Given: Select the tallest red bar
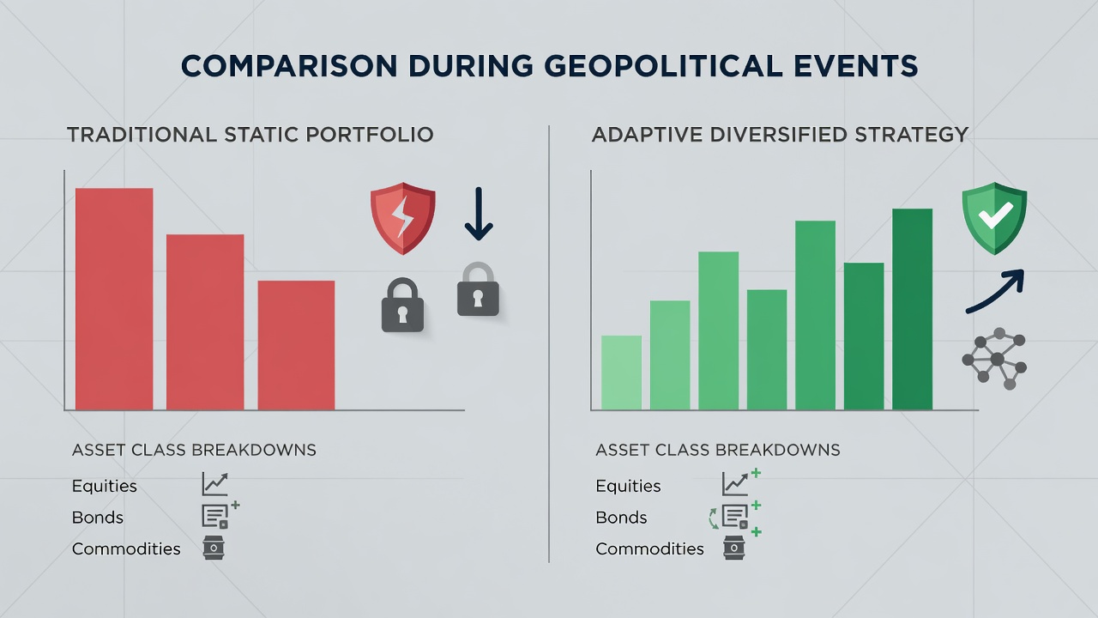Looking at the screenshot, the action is [114, 299].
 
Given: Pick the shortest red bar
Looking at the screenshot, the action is [296, 345].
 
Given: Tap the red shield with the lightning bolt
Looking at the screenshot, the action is [403, 218].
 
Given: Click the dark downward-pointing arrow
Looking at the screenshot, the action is [479, 214].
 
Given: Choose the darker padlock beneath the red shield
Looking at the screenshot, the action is [402, 305].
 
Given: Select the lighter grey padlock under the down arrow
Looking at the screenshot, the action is [478, 289].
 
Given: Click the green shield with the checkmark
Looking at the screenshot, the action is [994, 218].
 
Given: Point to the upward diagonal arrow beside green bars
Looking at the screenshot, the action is [995, 291].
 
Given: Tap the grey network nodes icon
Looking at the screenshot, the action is [995, 359].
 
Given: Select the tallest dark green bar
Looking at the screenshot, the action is [912, 309].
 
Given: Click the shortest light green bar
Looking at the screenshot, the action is [621, 373].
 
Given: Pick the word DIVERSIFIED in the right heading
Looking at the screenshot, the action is [778, 135].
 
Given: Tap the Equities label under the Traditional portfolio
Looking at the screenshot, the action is [105, 486].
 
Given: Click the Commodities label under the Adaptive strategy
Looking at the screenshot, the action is [650, 548].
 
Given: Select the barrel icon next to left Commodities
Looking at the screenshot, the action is [214, 548].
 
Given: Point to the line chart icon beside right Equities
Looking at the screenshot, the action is [735, 483].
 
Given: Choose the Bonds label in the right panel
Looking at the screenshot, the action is [621, 518].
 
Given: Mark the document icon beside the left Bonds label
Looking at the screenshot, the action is [215, 517].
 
